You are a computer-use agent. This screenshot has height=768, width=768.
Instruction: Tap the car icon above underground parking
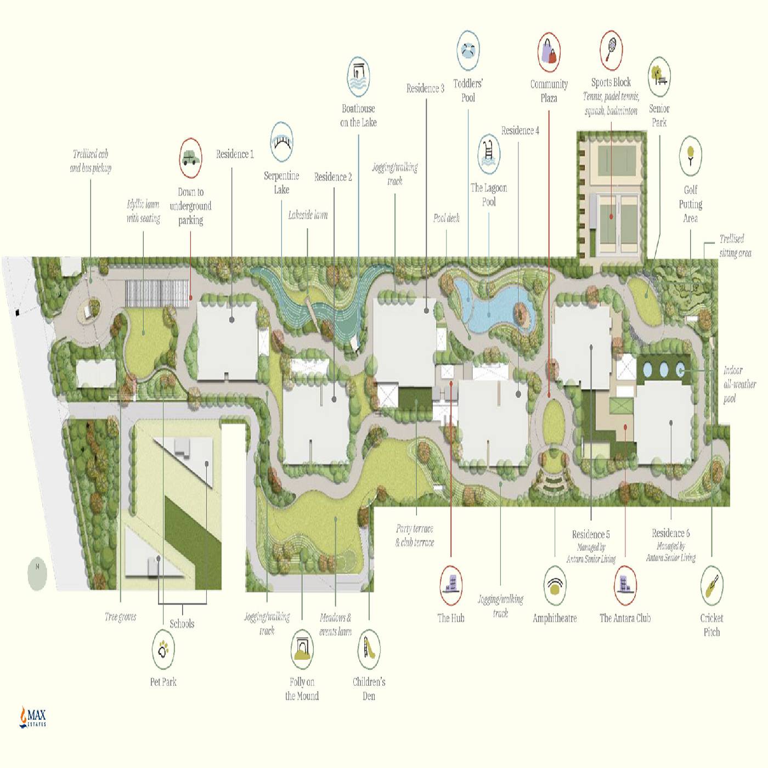click(190, 158)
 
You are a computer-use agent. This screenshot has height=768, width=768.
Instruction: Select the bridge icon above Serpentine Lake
click(282, 142)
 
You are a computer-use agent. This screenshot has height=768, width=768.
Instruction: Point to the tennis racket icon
click(611, 50)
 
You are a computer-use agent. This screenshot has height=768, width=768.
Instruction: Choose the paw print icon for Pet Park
click(163, 650)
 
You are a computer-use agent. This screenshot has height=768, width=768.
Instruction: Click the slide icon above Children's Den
click(369, 650)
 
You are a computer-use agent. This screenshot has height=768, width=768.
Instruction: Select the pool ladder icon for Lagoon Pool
click(489, 154)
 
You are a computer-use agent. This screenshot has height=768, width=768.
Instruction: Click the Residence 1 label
click(235, 154)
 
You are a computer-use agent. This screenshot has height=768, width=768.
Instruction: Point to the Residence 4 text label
click(520, 131)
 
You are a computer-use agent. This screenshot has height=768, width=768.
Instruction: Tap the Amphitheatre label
click(555, 619)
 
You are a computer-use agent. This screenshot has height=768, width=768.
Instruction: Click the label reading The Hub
click(451, 618)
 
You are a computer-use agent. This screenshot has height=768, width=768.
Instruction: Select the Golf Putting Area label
click(691, 204)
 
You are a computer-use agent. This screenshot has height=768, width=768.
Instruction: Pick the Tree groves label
click(120, 617)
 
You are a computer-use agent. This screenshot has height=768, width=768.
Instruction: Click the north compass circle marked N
click(37, 574)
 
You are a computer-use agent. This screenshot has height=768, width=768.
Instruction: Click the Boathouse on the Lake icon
click(358, 76)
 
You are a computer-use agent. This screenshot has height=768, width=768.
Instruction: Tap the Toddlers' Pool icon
click(468, 50)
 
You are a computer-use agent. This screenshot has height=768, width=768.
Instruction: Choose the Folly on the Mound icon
click(302, 650)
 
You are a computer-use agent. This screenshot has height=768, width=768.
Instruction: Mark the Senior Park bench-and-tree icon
click(659, 76)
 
